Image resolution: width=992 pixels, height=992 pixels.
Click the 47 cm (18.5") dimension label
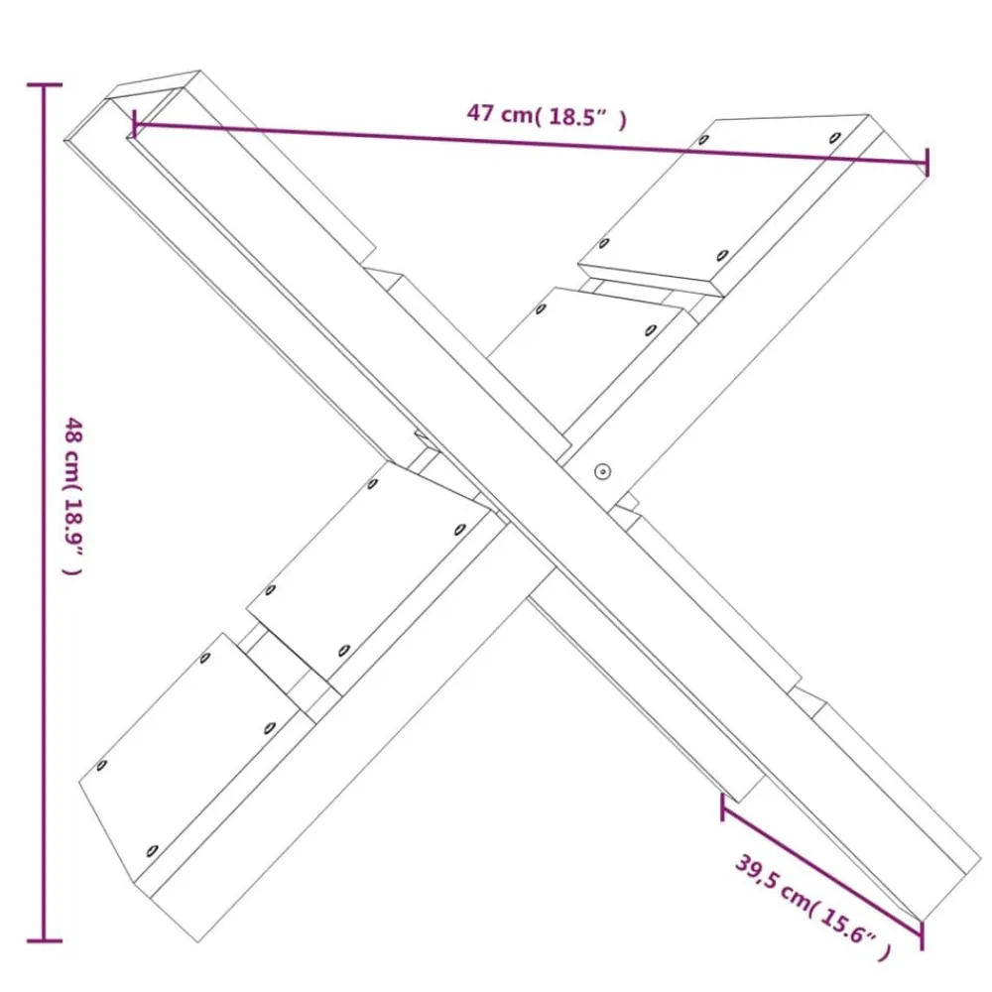coord(547,116)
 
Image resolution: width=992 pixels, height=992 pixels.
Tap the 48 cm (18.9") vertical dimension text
coord(72,496)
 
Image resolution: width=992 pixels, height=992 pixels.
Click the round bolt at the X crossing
coord(602,470)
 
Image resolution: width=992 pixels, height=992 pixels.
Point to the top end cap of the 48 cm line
coord(45,84)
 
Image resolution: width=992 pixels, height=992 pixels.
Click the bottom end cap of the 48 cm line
coord(45,940)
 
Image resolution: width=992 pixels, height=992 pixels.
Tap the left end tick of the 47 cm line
coord(134,123)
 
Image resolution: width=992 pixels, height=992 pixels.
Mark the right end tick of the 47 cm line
coord(927,163)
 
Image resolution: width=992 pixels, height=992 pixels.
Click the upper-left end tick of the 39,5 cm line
coord(722,806)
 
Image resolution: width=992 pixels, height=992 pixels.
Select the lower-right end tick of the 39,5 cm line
coord(922,935)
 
